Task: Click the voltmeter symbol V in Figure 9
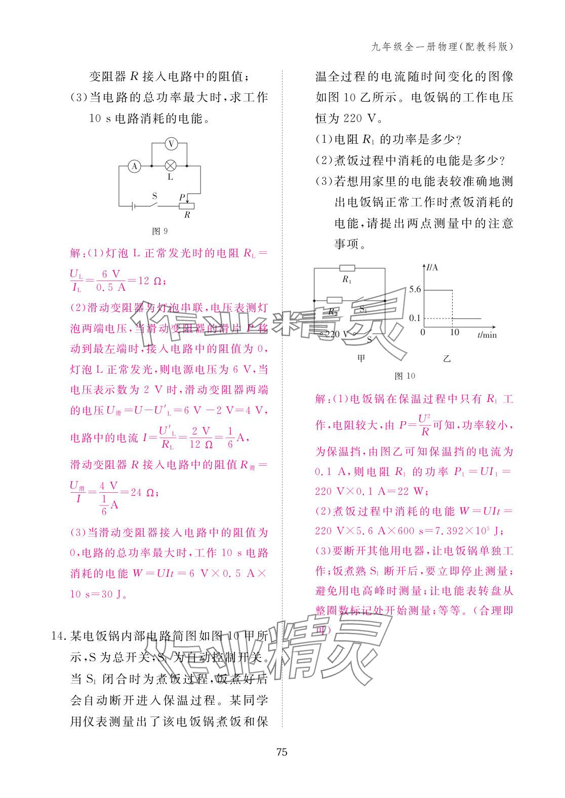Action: (171, 144)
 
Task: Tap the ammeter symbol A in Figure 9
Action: (134, 166)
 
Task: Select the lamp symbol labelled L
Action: (171, 166)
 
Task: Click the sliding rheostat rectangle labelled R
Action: (187, 206)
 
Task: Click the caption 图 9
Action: (160, 231)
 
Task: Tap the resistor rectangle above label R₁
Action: (347, 268)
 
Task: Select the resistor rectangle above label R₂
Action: (334, 300)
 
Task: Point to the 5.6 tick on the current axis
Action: (415, 290)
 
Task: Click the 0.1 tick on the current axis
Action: (415, 318)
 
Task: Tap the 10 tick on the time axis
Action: (454, 333)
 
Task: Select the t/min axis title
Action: (487, 334)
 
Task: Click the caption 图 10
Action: (405, 376)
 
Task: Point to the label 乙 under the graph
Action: (447, 358)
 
